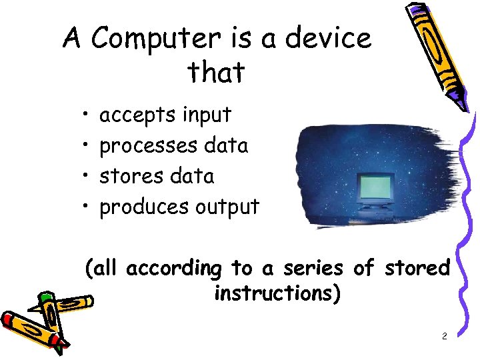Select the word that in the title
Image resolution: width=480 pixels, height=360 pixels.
click(x=216, y=72)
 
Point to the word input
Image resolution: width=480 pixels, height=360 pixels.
click(x=207, y=115)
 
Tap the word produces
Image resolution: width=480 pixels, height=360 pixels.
click(x=144, y=207)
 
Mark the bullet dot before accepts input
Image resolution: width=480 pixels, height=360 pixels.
click(x=87, y=116)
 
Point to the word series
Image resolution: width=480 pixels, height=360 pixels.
click(x=313, y=269)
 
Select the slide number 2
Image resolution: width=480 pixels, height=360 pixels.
click(x=444, y=337)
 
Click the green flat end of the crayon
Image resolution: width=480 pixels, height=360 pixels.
click(x=45, y=298)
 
